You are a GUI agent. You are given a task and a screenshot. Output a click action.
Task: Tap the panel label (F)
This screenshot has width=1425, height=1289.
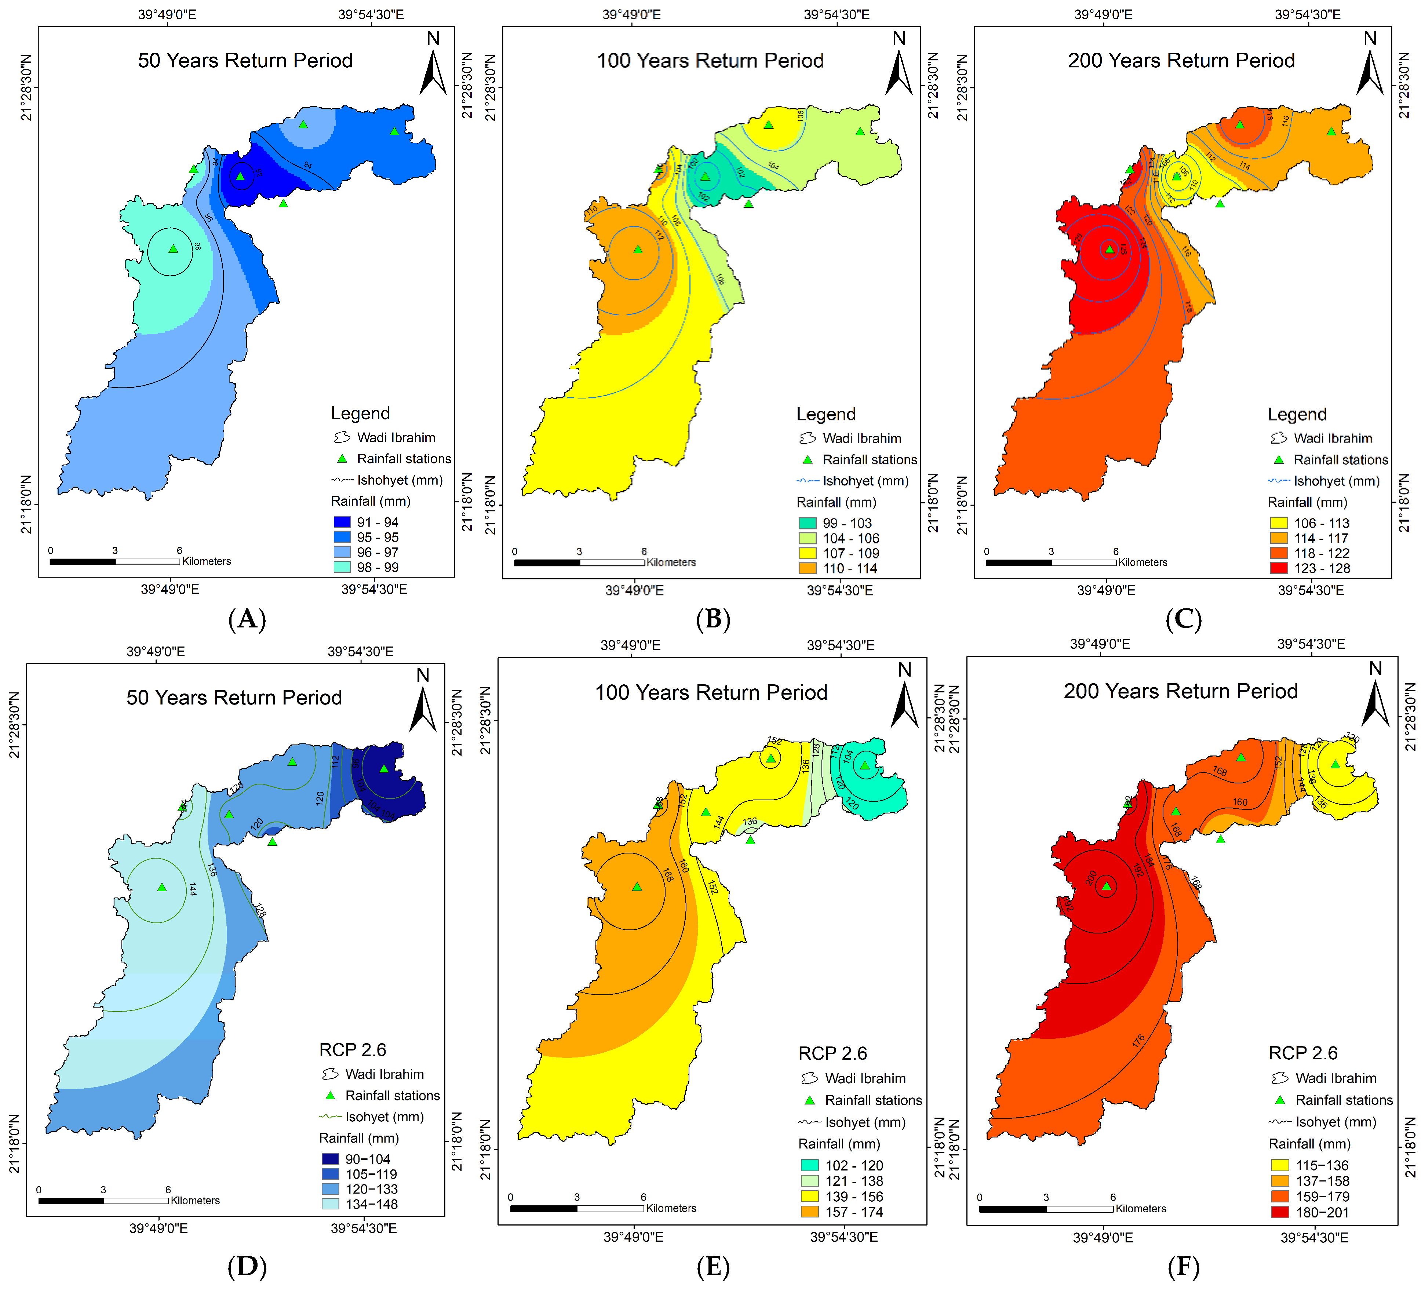tap(1183, 1266)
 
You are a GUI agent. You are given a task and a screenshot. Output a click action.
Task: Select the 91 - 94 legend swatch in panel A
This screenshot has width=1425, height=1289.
tap(342, 522)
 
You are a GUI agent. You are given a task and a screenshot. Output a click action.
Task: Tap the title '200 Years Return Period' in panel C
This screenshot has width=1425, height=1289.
tap(1181, 61)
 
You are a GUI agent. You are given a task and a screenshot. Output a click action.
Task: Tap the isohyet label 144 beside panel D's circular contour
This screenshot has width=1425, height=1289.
tap(192, 889)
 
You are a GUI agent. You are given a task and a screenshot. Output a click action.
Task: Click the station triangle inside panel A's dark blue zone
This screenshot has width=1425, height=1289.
tap(240, 176)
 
